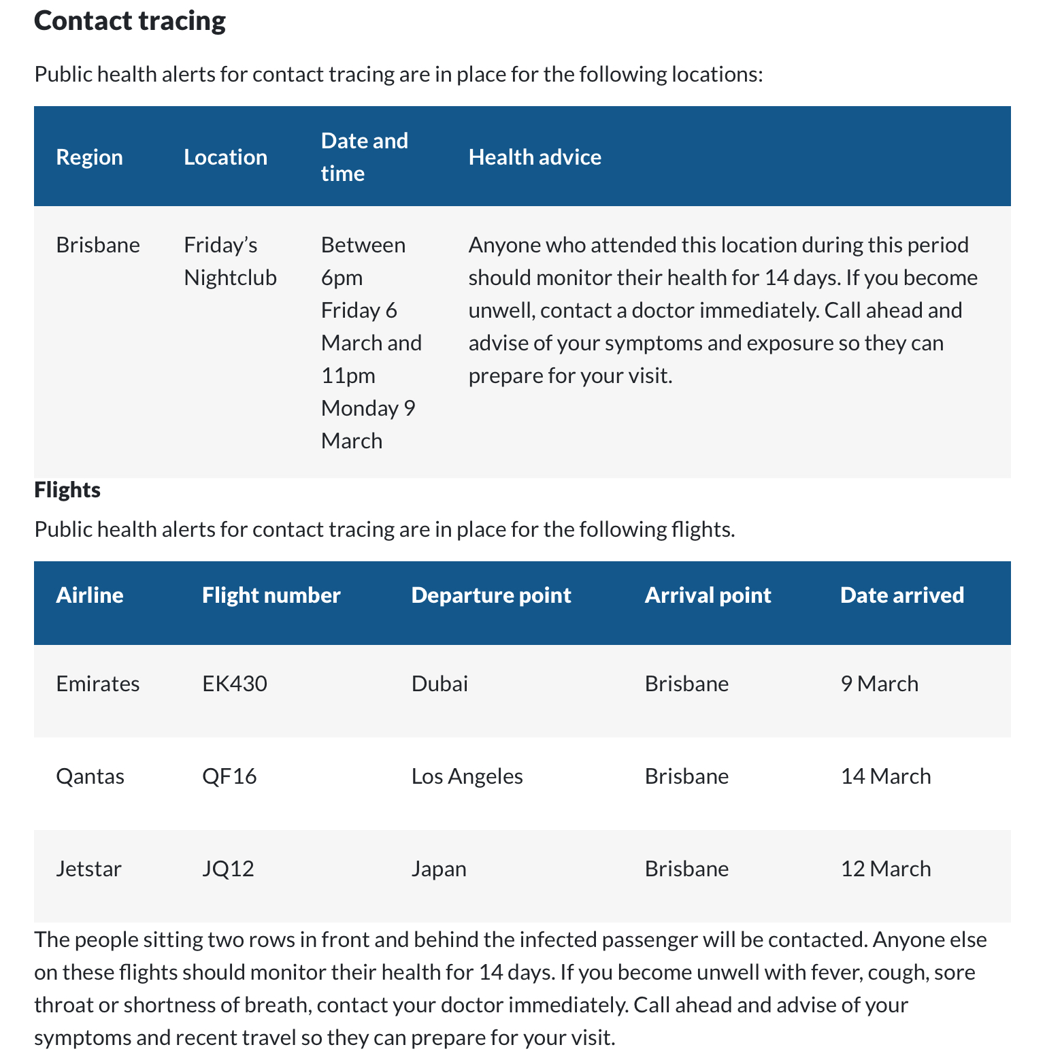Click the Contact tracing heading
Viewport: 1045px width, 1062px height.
click(x=129, y=21)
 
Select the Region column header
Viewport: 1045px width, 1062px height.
click(x=89, y=157)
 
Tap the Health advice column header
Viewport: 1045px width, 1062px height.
click(x=535, y=157)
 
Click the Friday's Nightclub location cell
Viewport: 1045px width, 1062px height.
click(x=230, y=261)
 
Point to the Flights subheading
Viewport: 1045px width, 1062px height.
click(x=67, y=490)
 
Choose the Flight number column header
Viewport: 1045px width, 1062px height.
click(x=271, y=595)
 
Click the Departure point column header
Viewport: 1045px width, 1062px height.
click(x=491, y=595)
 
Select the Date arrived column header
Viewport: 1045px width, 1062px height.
click(x=902, y=595)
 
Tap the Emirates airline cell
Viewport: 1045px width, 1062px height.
click(x=97, y=684)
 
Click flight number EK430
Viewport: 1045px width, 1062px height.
click(x=235, y=684)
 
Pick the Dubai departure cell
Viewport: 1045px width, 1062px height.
click(x=439, y=684)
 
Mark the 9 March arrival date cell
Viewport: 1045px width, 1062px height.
click(x=879, y=684)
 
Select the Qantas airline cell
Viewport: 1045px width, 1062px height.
click(x=90, y=776)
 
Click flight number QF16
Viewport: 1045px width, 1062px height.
click(x=229, y=776)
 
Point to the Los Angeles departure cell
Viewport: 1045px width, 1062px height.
click(x=467, y=776)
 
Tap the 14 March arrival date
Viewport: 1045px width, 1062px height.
click(x=885, y=776)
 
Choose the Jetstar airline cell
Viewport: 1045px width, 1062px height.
click(x=88, y=869)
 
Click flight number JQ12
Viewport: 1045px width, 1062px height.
click(x=228, y=869)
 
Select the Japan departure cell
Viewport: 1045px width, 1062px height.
click(x=439, y=869)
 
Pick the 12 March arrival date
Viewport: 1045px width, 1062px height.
click(x=885, y=869)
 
